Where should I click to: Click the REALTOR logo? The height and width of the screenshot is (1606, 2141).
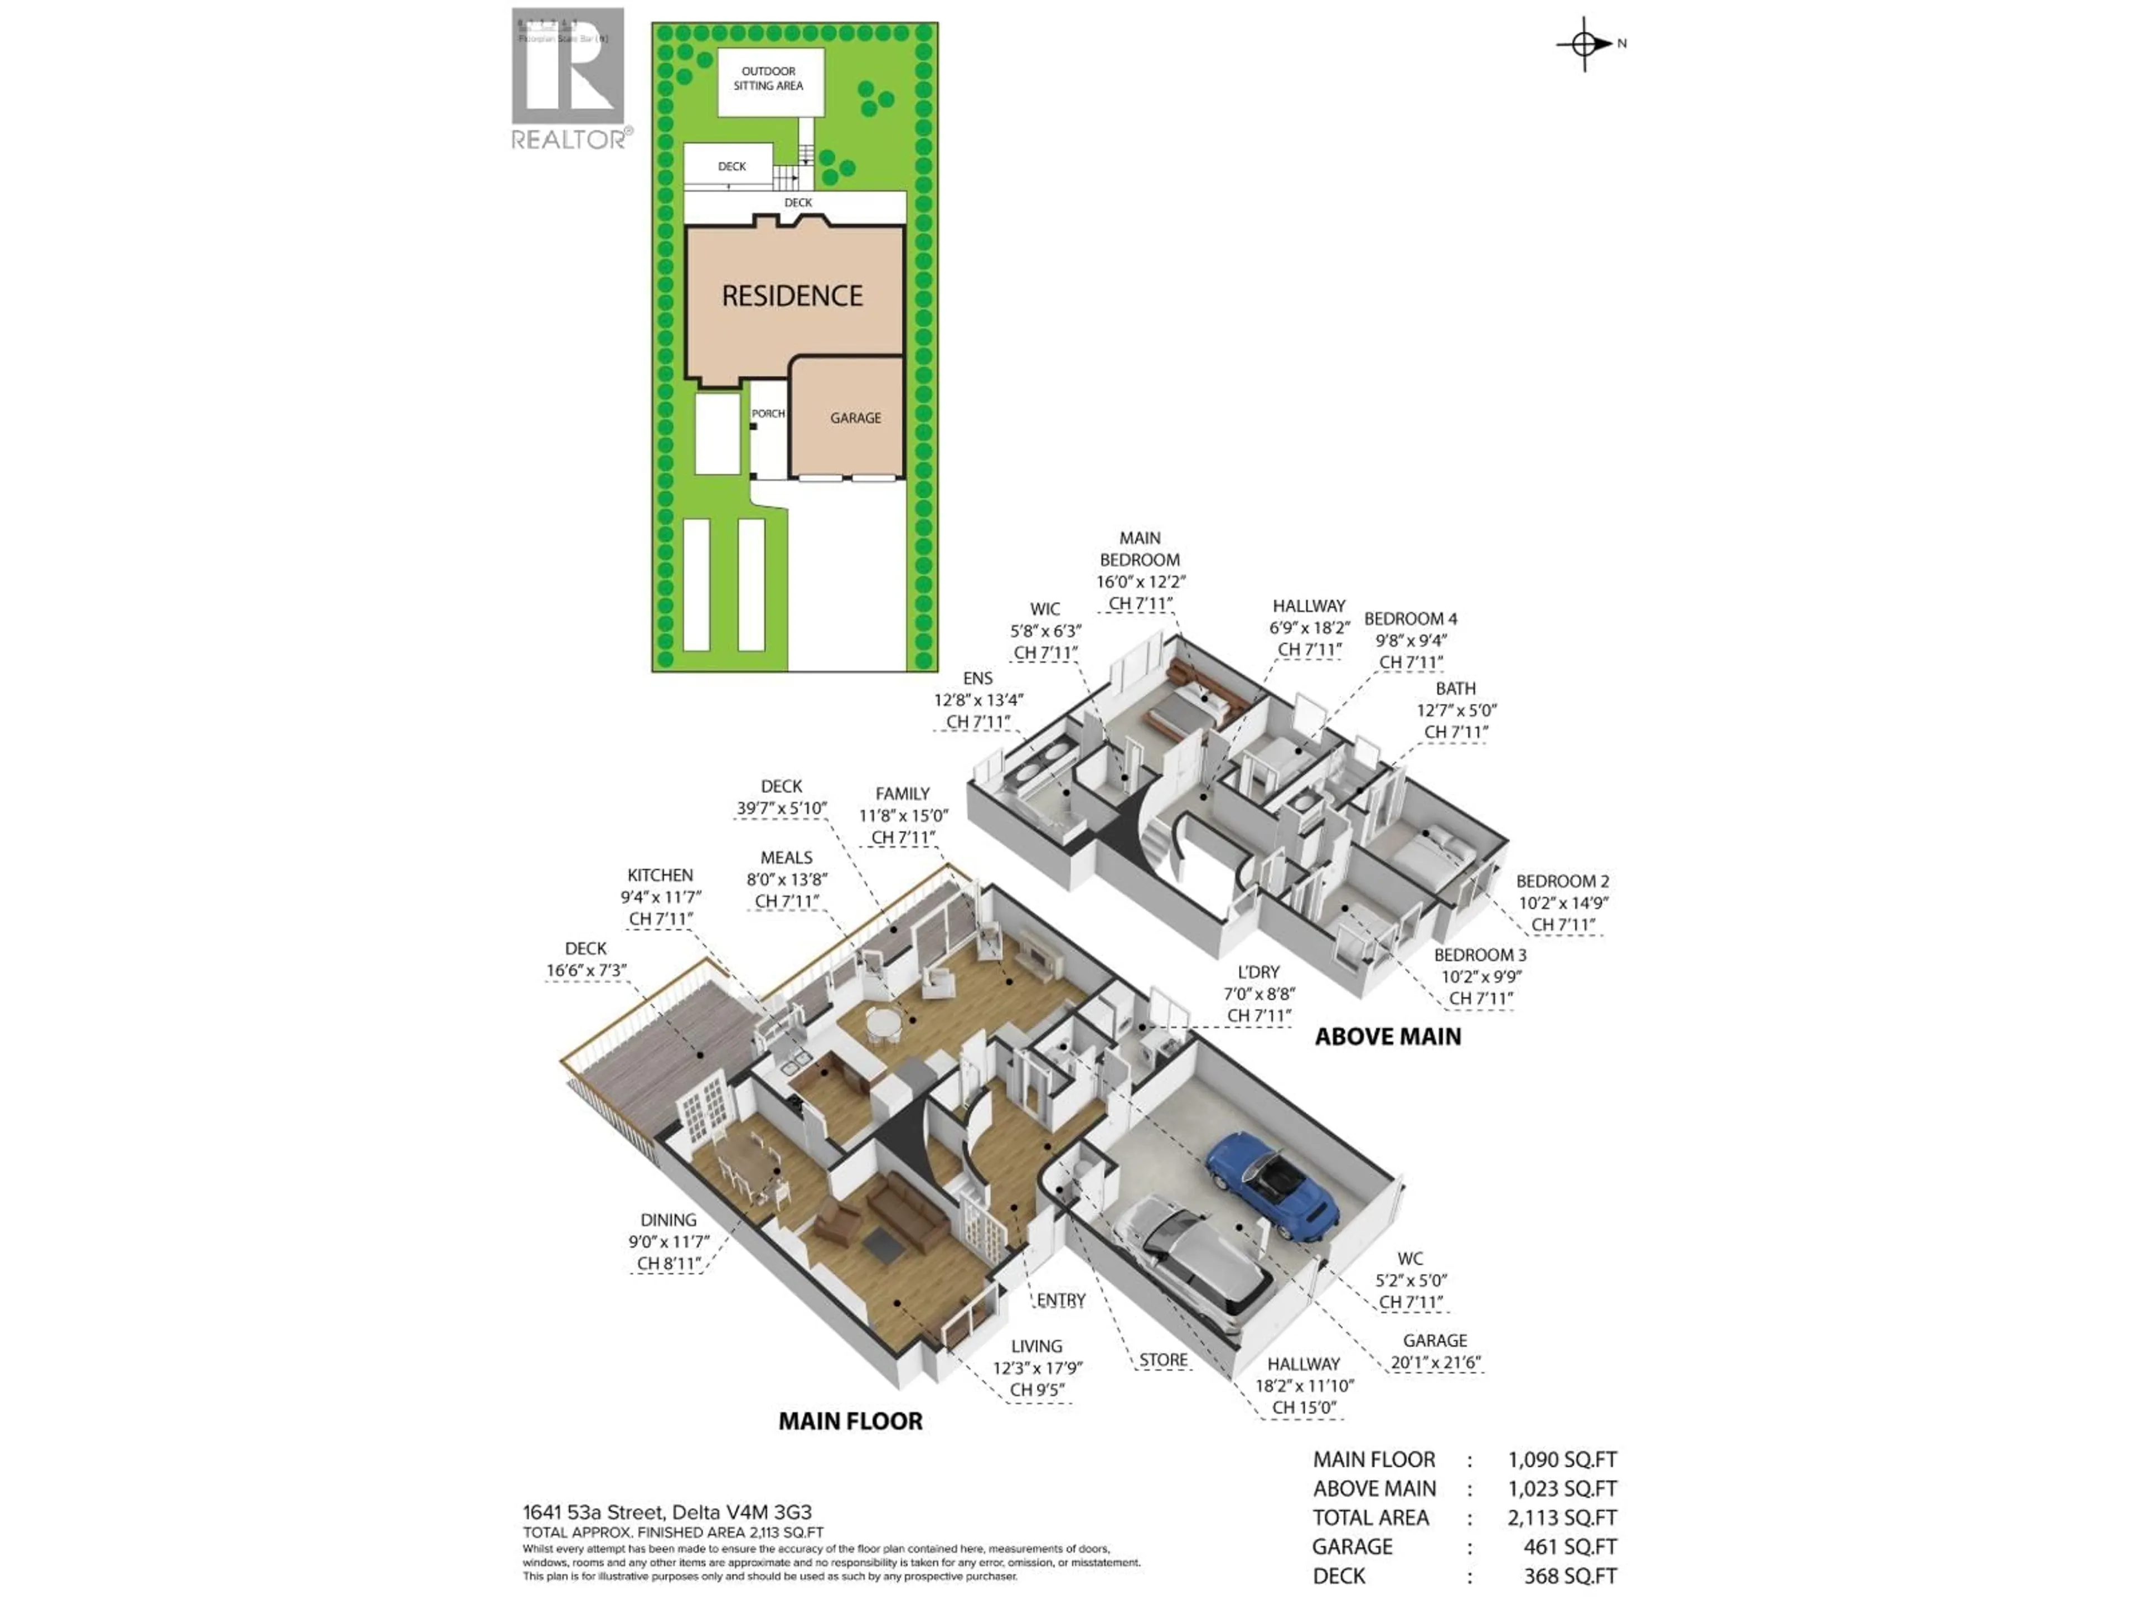(570, 78)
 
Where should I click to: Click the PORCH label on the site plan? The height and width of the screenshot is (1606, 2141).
(768, 413)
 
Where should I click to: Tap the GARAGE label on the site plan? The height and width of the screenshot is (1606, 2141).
(856, 418)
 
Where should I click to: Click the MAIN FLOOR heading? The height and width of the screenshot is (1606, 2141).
(851, 1421)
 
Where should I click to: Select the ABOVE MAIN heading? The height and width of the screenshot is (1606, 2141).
(1387, 1037)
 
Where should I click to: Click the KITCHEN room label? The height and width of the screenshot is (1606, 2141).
(660, 875)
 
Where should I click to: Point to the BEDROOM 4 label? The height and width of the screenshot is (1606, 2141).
(1410, 618)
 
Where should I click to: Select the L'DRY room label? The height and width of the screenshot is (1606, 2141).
(1258, 972)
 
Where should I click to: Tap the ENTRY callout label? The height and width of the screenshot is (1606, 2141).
(1061, 1300)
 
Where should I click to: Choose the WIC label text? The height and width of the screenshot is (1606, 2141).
(1044, 609)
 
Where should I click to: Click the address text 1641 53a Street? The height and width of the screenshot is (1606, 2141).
(592, 1512)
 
